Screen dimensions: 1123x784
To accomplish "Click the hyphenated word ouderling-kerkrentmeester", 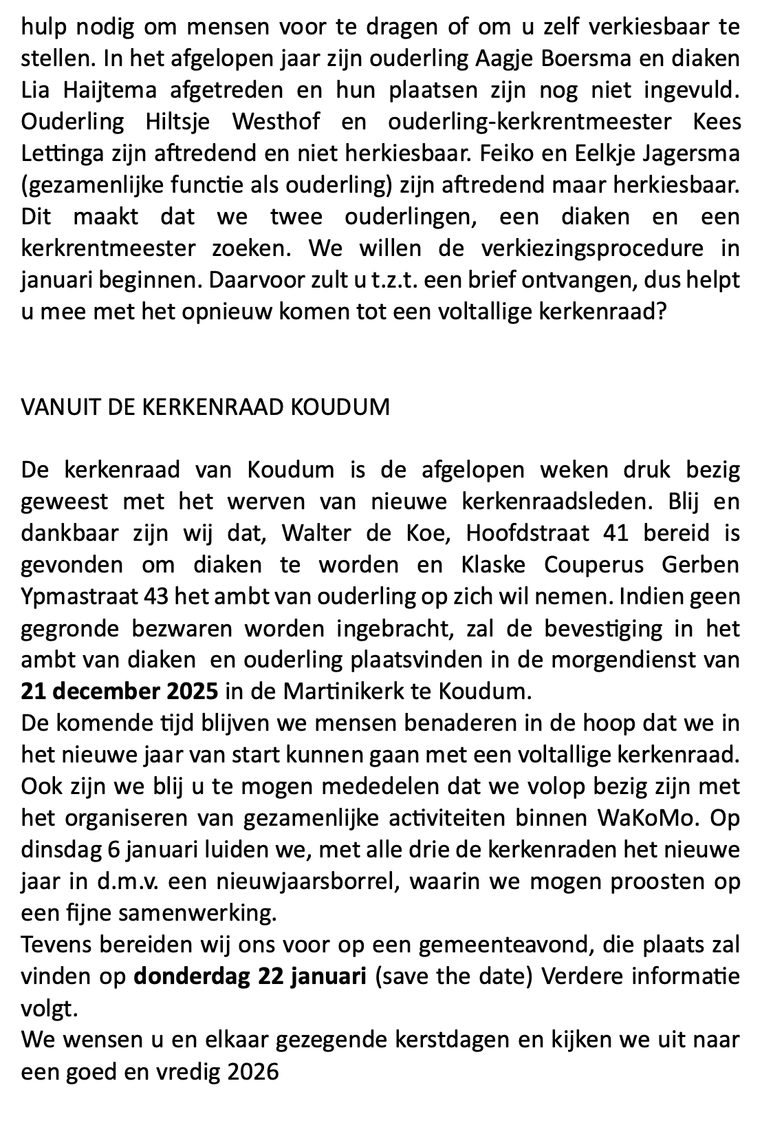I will click(530, 121).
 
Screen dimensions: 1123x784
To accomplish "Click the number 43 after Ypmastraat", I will click(157, 597).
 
